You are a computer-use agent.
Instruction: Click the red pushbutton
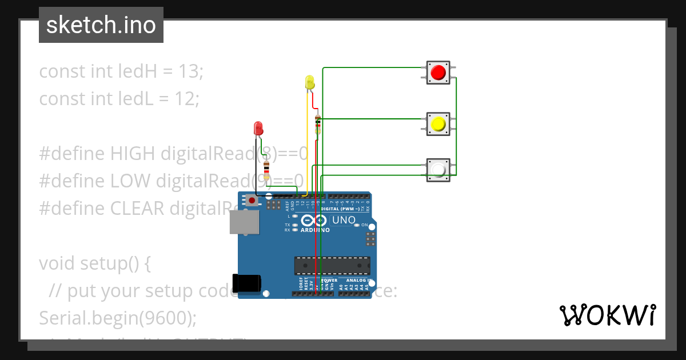438,73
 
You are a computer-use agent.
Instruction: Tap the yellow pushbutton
438,124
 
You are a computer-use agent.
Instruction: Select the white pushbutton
438,170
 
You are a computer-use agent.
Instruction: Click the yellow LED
309,82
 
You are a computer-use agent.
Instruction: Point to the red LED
258,127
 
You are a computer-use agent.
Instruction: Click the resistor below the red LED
266,170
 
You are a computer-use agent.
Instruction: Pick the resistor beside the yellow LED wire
318,124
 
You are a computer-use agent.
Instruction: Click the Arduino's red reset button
251,200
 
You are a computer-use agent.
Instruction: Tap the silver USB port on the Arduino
243,222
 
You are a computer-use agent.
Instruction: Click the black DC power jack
246,283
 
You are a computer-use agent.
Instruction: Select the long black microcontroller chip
332,266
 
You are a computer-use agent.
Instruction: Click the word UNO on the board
344,220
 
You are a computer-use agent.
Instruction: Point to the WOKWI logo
607,315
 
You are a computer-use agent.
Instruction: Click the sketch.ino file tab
101,25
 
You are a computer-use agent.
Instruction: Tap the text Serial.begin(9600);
117,318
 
